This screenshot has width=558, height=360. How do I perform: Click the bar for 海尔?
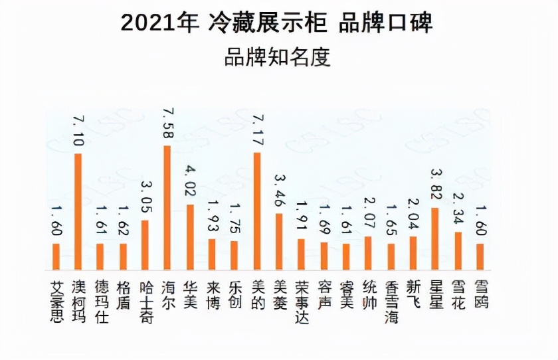click(x=167, y=208)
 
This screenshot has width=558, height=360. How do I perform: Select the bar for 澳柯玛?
click(x=78, y=212)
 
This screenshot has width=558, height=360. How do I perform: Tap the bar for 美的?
click(x=256, y=211)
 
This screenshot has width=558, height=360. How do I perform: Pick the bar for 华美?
click(x=189, y=237)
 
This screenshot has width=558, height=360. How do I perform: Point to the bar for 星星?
click(x=434, y=238)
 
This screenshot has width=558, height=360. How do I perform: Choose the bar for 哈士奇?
click(x=145, y=245)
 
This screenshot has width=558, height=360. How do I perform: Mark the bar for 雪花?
click(x=458, y=251)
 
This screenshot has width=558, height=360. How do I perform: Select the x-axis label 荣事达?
click(x=301, y=302)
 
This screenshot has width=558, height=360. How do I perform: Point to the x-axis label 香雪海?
click(x=391, y=302)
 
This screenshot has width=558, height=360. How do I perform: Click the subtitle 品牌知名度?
click(x=277, y=57)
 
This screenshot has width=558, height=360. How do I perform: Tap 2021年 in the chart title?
click(x=159, y=23)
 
